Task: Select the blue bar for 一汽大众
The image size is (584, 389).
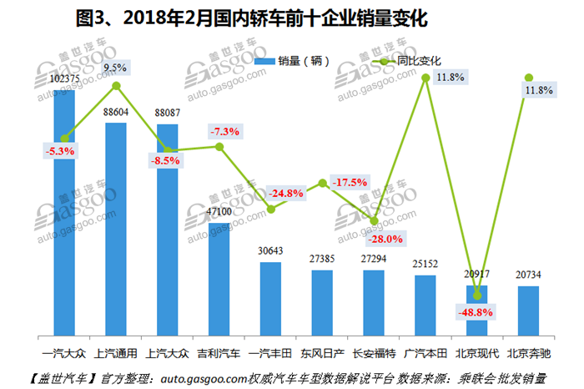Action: (64, 209)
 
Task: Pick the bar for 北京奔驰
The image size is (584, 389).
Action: (528, 310)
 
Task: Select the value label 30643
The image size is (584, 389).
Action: (270, 251)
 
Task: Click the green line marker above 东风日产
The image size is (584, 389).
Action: (322, 183)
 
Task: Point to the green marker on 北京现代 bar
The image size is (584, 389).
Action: (477, 294)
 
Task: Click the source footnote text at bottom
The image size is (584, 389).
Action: (292, 377)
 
